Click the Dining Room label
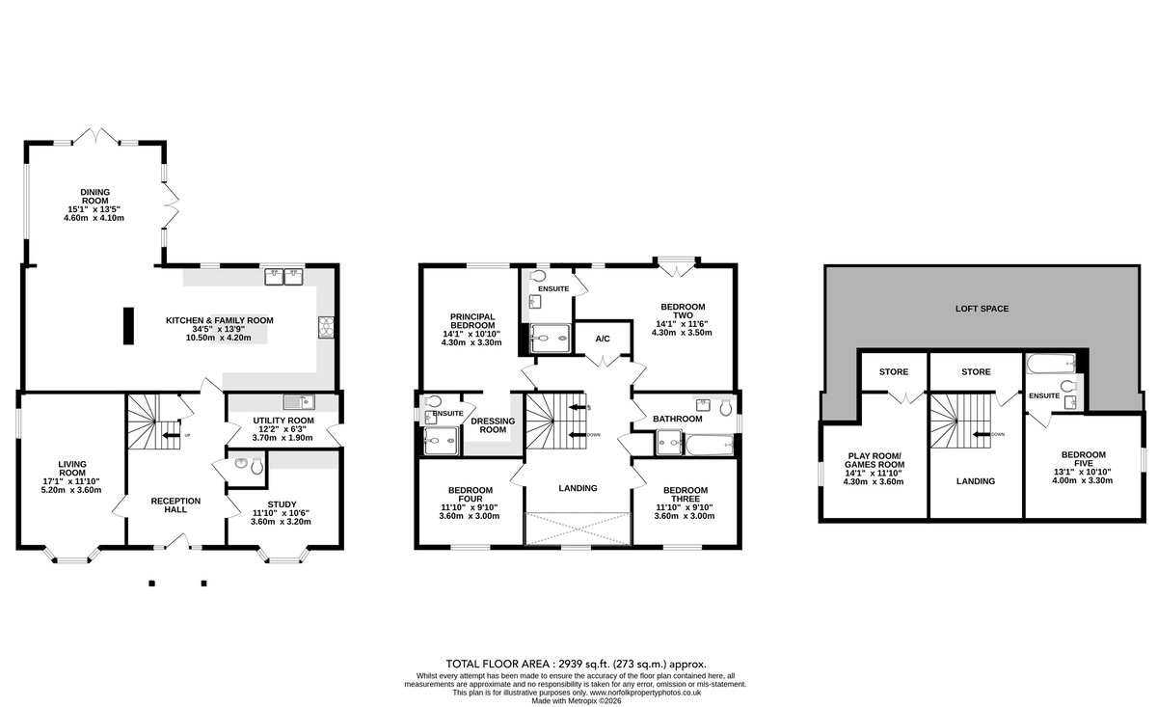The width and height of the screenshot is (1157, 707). (x=95, y=197)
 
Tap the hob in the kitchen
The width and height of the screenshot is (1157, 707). (x=326, y=327)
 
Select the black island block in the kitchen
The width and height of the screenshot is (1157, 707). (x=128, y=326)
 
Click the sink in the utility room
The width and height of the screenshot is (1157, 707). (x=299, y=401)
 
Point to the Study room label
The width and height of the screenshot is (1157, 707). (x=282, y=504)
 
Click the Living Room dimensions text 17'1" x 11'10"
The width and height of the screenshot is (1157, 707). (x=71, y=481)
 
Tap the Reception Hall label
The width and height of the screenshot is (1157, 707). (x=175, y=504)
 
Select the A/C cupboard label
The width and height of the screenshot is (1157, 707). (x=603, y=339)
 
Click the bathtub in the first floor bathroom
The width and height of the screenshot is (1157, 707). (x=710, y=445)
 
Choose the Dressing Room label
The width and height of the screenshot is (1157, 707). (x=493, y=424)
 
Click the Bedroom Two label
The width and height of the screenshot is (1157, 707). (x=683, y=311)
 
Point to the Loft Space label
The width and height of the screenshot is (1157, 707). (x=982, y=309)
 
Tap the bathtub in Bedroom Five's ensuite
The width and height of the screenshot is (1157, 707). (x=1052, y=365)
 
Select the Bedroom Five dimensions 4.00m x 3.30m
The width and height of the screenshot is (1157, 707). (x=1083, y=480)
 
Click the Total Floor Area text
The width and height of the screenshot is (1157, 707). (x=577, y=665)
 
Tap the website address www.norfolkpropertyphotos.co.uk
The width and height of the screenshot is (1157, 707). (x=645, y=693)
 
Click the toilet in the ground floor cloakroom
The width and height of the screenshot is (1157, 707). (x=256, y=467)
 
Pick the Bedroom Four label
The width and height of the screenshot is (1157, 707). (x=471, y=494)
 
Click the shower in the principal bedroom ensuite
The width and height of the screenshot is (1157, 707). (x=551, y=339)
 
